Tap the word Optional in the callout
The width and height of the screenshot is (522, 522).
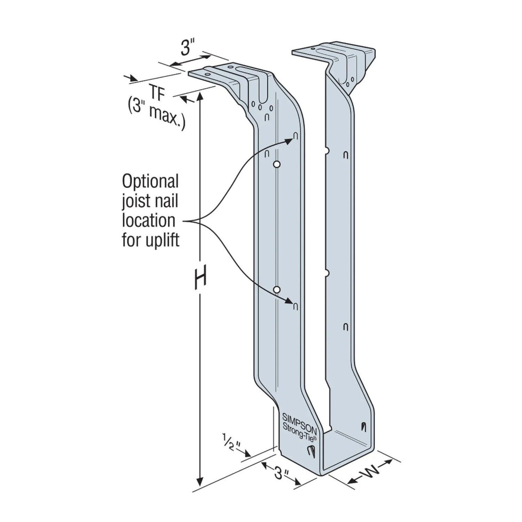click(150, 181)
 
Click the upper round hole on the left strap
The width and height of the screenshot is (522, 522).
click(277, 164)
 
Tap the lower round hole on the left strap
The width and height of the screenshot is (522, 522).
click(277, 289)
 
